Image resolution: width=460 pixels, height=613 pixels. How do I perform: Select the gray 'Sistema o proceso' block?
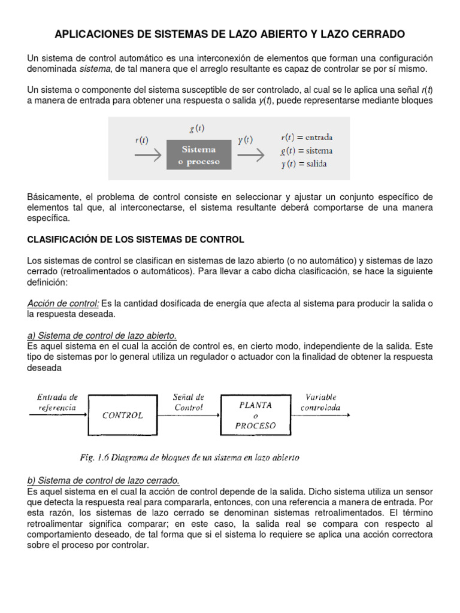pos(198,156)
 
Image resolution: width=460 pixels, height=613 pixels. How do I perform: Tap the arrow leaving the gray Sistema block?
pos(251,156)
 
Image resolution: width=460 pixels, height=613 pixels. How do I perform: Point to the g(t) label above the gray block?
pos(195,128)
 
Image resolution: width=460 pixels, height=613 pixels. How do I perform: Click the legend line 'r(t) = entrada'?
pos(307,138)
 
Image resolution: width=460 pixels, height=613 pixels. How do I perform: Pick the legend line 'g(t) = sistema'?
pos(306,151)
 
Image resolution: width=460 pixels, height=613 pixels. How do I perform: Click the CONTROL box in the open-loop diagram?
pos(122,414)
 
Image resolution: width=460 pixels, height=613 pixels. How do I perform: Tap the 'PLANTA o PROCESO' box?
pos(256,415)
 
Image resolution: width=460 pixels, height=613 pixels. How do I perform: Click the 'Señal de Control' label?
pos(189,402)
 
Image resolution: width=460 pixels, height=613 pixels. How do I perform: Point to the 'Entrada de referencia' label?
pos(57,402)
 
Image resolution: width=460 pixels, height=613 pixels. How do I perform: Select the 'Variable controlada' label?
pos(322,402)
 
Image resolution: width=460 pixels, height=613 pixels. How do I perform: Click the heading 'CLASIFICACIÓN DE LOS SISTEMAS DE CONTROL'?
pos(136,239)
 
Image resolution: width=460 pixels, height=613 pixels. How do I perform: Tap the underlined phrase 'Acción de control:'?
pos(63,304)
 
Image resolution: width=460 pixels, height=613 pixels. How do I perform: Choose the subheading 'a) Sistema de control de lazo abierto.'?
pos(102,335)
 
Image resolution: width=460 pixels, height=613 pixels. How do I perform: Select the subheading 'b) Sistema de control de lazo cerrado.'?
pos(103,480)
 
